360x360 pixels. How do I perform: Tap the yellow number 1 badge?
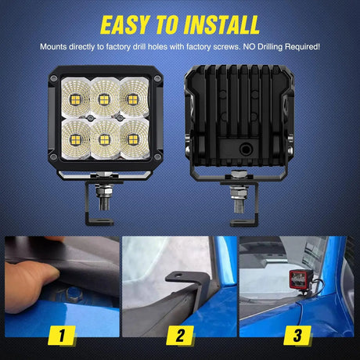pyautogui.click(x=60, y=337)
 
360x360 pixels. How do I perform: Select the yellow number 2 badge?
pyautogui.click(x=179, y=337)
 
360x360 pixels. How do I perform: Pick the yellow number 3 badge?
pyautogui.click(x=298, y=337)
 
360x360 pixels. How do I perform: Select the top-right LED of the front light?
pyautogui.click(x=134, y=99)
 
